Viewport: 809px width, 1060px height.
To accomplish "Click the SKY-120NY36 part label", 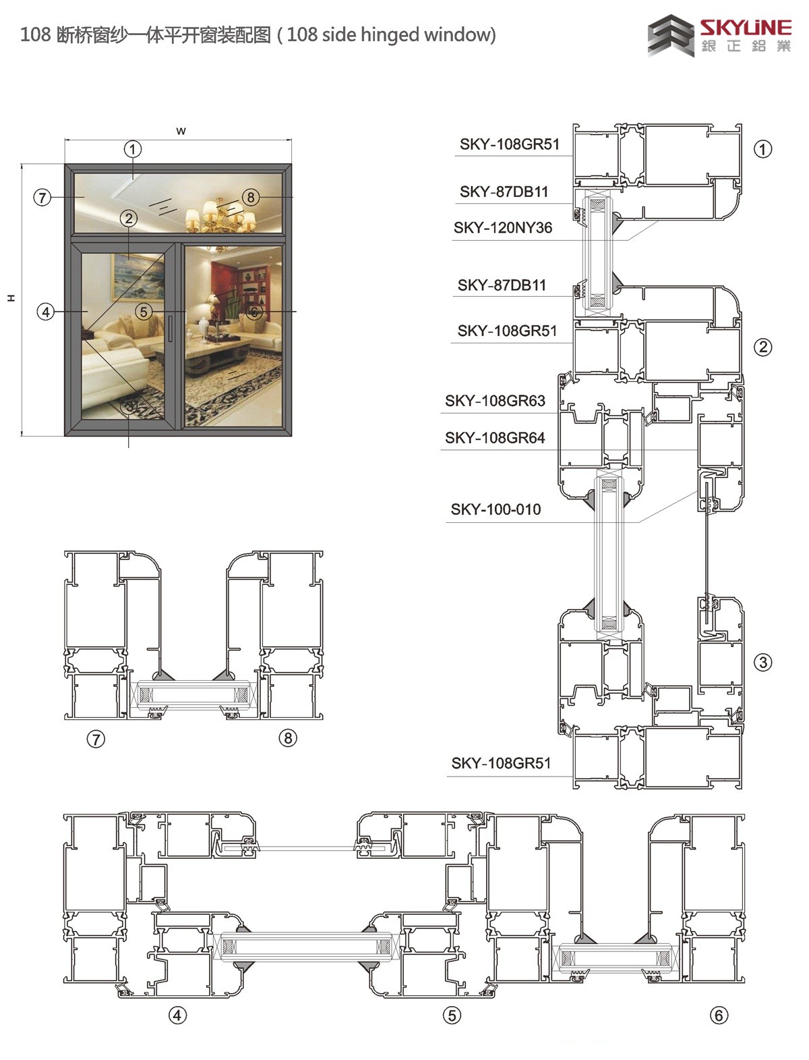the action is click(x=503, y=227).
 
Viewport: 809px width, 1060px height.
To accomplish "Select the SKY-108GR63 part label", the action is click(x=495, y=400).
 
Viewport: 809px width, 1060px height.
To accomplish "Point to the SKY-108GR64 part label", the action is click(x=495, y=437).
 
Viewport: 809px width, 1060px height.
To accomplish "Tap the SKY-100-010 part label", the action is click(x=496, y=509).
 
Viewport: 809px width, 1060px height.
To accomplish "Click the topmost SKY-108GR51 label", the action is click(x=510, y=144).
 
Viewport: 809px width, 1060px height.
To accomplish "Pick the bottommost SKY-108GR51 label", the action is click(x=501, y=763).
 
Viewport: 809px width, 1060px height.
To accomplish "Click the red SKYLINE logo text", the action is click(x=746, y=28).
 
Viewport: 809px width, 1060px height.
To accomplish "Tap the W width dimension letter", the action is click(x=181, y=131).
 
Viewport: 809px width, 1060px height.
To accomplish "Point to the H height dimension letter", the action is click(x=11, y=298).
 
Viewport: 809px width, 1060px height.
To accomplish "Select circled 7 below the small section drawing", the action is click(x=96, y=738).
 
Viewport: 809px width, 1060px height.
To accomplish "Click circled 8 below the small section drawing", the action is click(x=287, y=737).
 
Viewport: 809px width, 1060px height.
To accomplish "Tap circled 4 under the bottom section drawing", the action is click(x=177, y=1015).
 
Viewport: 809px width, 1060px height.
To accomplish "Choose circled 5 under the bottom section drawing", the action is click(x=452, y=1015).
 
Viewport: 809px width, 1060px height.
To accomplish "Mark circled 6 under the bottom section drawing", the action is click(x=718, y=1015).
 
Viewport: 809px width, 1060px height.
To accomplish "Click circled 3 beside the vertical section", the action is click(x=762, y=662).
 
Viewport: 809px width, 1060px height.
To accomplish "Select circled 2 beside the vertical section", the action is click(x=762, y=347).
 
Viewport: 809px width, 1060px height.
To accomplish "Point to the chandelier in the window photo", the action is click(x=220, y=215).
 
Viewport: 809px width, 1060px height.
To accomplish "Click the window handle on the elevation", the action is click(x=171, y=329).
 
